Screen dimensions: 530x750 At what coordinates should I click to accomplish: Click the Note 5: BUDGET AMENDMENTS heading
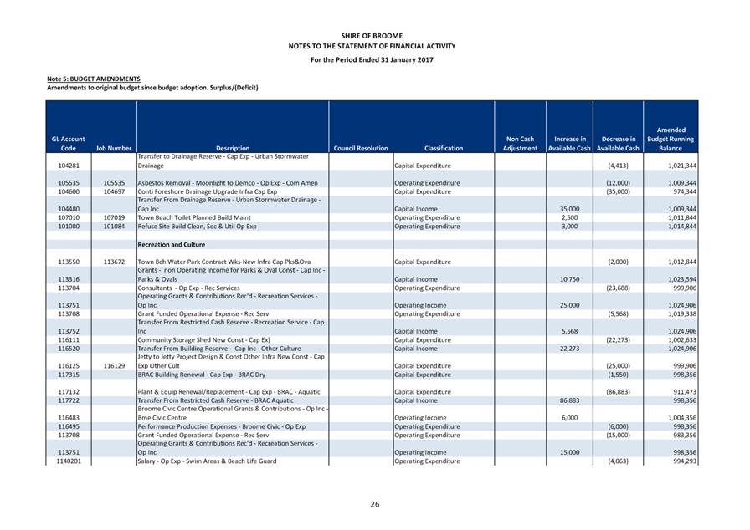[x=93, y=79]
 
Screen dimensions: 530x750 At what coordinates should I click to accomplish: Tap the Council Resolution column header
[x=360, y=148]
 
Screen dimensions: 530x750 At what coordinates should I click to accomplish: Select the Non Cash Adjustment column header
[x=520, y=144]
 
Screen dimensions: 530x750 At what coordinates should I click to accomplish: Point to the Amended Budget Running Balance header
[x=670, y=139]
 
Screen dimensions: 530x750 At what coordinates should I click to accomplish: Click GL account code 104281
[x=69, y=166]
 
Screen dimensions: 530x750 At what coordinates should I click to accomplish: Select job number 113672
[x=114, y=262]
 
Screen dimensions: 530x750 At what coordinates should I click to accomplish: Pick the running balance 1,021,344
[x=677, y=166]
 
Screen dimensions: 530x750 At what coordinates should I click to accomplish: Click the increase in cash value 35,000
[x=569, y=209]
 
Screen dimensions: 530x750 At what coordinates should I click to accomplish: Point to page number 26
[x=375, y=504]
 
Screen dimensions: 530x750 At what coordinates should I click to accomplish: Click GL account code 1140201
[x=69, y=461]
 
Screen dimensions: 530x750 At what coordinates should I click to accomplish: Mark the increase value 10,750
[x=569, y=278]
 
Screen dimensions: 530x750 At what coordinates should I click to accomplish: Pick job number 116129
[x=114, y=365]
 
